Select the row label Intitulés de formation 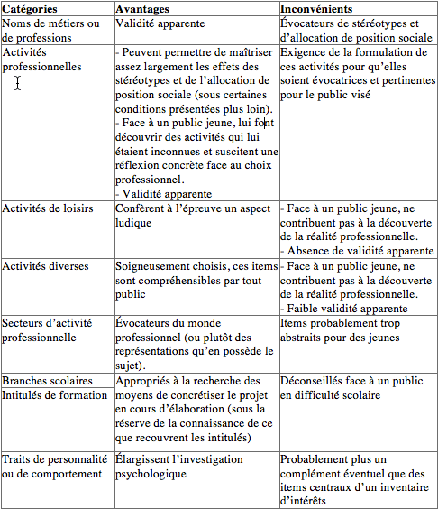[x=54, y=395]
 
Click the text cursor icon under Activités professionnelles [x=18, y=83]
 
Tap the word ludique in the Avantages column [x=134, y=223]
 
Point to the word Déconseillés [x=315, y=382]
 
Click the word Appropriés [x=145, y=382]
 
